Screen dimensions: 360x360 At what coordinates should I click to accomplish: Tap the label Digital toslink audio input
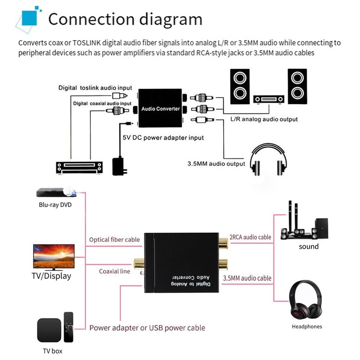coord(95,88)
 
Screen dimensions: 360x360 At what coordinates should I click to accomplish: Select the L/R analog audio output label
coord(264,119)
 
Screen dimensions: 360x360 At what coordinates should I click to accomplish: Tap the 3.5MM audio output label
coord(216,164)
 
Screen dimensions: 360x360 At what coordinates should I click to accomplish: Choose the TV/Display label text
coord(52,276)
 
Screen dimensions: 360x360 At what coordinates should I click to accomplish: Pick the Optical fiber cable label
coord(114,240)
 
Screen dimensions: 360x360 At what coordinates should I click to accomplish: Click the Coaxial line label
coord(114,271)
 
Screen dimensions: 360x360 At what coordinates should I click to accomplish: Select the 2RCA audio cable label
coord(250,237)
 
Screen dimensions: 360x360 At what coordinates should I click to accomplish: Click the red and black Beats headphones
coord(306,301)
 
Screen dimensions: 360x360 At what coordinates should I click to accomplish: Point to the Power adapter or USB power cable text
coord(147,328)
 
